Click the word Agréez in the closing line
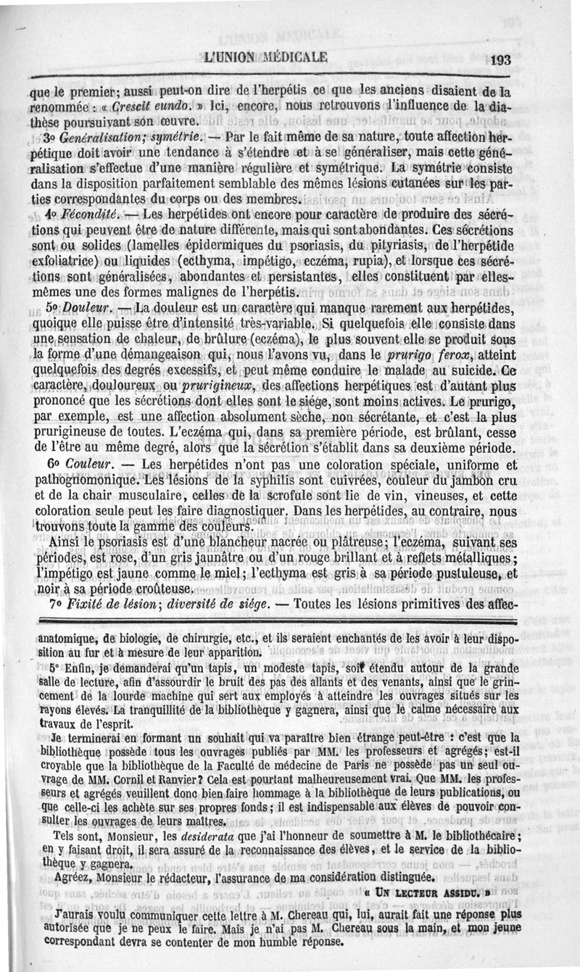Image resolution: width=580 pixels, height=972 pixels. click(x=80, y=879)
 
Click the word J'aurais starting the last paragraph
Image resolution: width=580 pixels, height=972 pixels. click(x=70, y=915)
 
